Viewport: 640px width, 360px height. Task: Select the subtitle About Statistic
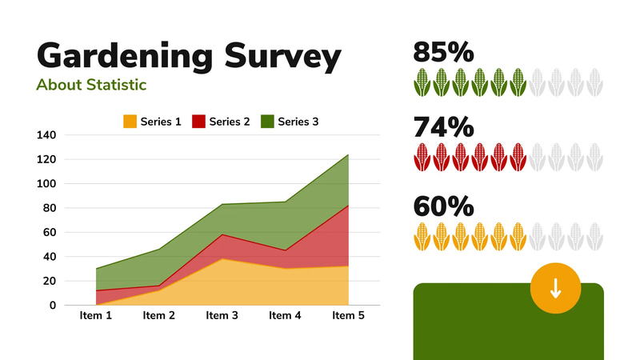click(91, 84)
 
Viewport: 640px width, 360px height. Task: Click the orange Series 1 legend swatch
click(130, 122)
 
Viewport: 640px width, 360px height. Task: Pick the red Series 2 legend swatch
click(198, 122)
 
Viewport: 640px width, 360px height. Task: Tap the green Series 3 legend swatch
click(267, 122)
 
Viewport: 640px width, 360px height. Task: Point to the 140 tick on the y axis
click(46, 135)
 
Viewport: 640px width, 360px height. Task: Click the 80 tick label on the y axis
click(50, 208)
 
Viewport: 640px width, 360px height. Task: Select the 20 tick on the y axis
click(50, 281)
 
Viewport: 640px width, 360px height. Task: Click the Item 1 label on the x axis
click(96, 316)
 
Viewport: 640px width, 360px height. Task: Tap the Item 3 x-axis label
click(222, 316)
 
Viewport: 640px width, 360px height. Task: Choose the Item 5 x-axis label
click(348, 316)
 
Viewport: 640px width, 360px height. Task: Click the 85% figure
click(443, 53)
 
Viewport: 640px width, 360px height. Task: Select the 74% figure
click(443, 128)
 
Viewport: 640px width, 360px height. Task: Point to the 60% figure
click(443, 206)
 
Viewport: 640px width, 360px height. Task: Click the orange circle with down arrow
click(555, 289)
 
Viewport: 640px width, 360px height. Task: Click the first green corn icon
click(422, 82)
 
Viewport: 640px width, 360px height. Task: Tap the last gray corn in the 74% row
click(594, 158)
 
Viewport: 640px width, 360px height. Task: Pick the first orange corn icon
click(422, 236)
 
